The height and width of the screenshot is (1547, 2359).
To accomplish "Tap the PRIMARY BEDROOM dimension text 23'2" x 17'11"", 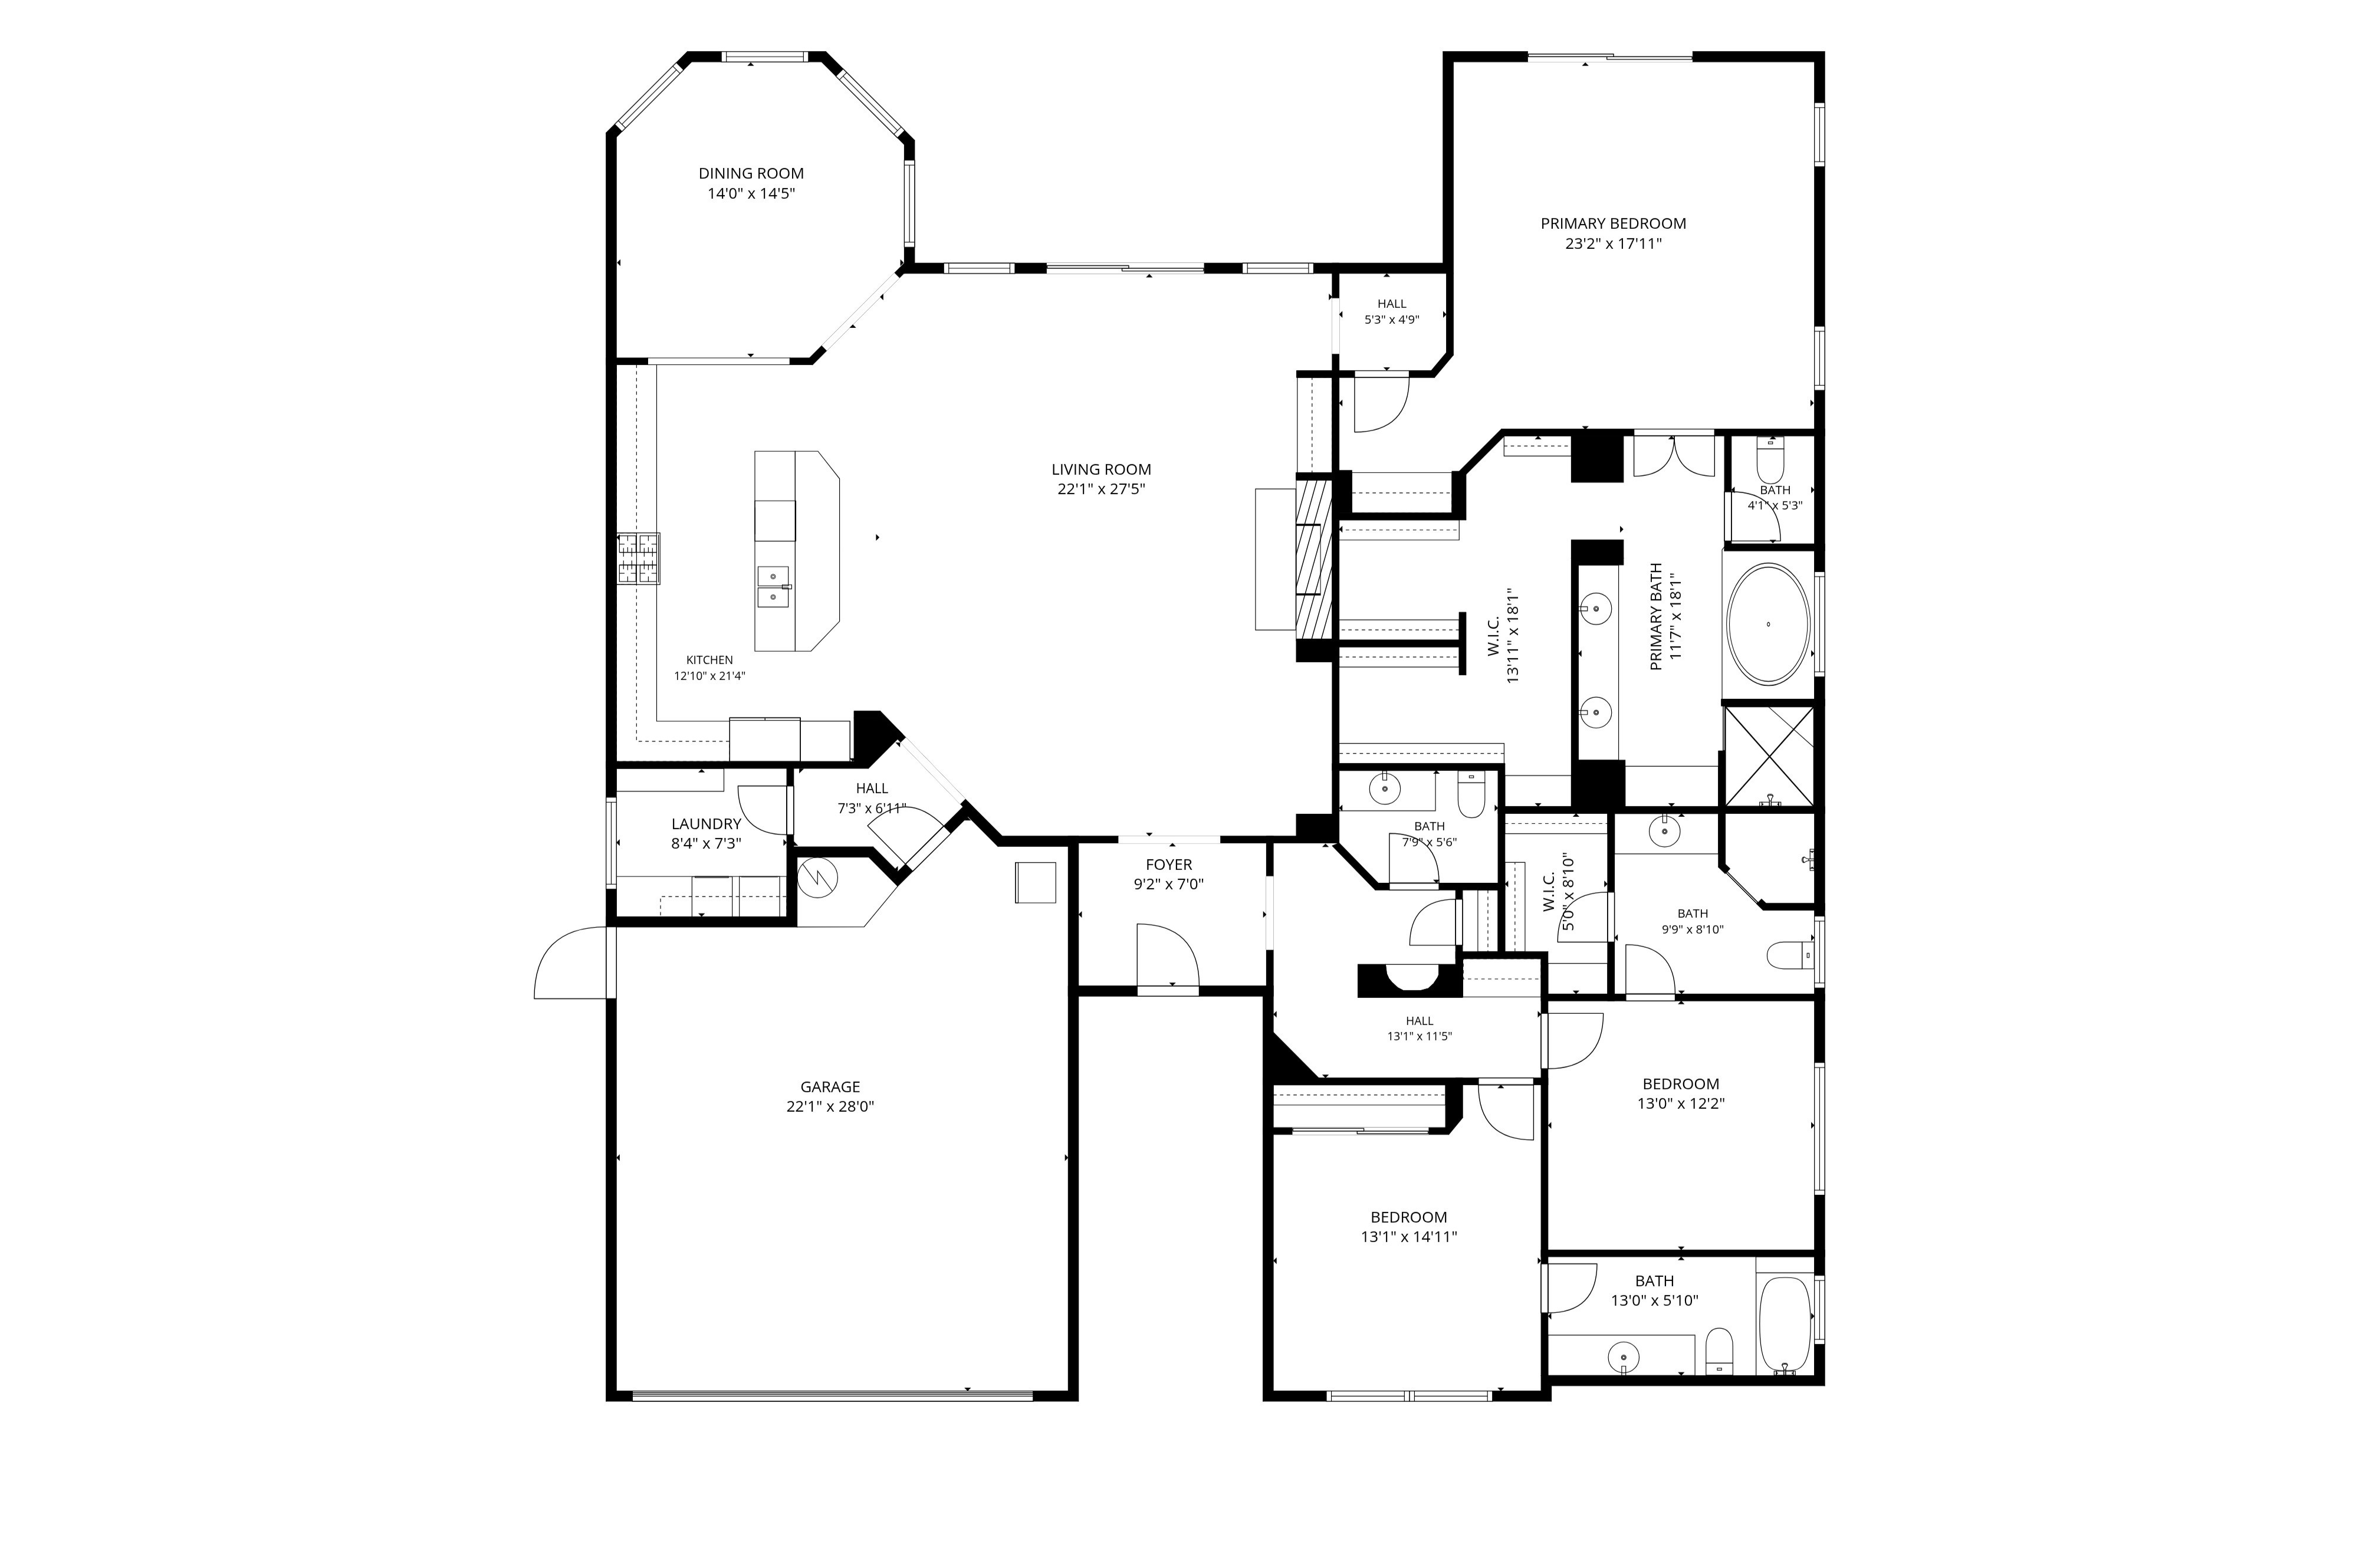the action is tap(1612, 243).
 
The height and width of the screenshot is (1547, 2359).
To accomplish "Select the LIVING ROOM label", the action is tap(1101, 469).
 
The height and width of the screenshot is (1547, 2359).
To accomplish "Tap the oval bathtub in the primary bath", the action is tap(1768, 625).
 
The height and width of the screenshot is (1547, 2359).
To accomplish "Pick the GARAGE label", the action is tap(830, 1087).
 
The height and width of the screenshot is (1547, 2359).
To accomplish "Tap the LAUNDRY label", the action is tap(706, 823).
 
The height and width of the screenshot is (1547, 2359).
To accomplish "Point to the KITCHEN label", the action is tap(709, 660).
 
